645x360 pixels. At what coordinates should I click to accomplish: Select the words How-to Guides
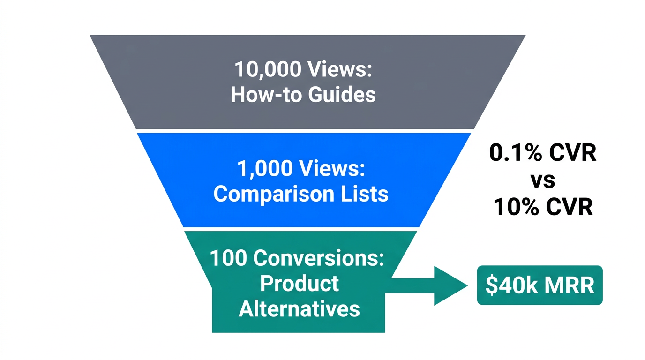tap(303, 95)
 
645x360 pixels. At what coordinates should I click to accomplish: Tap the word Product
tap(299, 284)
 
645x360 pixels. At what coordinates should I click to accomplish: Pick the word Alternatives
tap(299, 309)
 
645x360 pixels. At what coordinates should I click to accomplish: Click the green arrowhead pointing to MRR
tap(450, 285)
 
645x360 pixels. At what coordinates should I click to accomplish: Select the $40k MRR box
tap(540, 285)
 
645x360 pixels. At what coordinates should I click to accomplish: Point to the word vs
tap(543, 180)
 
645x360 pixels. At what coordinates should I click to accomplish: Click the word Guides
tap(342, 95)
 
